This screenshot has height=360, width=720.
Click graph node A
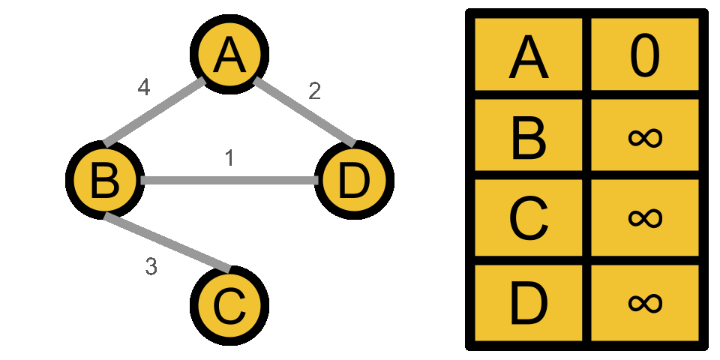click(x=229, y=55)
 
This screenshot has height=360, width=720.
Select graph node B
click(x=104, y=181)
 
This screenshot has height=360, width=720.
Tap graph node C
click(x=229, y=306)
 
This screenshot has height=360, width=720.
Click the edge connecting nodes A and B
click(x=155, y=111)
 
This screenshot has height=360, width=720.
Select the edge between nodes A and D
click(x=304, y=112)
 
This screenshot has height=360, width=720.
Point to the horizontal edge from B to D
click(x=229, y=181)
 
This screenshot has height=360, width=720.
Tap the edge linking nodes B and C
click(x=166, y=243)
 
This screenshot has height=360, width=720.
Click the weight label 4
click(x=144, y=88)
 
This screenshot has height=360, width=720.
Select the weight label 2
click(x=315, y=91)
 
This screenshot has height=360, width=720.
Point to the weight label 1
click(x=229, y=158)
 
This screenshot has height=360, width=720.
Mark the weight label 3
click(x=151, y=266)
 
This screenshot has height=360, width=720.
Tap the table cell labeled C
click(x=529, y=218)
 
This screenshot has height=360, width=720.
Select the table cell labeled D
click(x=529, y=301)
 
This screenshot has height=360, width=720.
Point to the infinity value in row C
click(x=645, y=218)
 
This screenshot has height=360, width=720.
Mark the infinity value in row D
click(x=645, y=301)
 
